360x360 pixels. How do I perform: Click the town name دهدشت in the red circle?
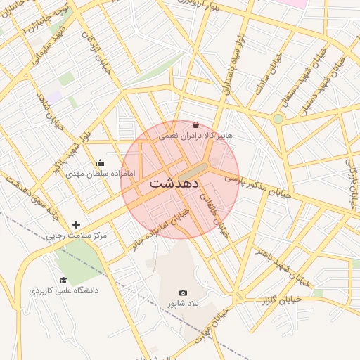[x=174, y=183]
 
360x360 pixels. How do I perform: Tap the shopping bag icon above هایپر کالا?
[x=195, y=124]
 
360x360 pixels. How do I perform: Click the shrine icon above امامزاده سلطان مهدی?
[x=99, y=162]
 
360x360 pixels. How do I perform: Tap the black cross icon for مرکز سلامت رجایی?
[x=76, y=224]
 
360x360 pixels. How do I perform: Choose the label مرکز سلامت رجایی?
[x=77, y=236]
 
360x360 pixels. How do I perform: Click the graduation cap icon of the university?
[x=63, y=280]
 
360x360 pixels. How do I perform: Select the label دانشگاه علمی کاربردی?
[x=64, y=290]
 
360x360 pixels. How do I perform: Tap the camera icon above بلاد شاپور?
[x=184, y=292]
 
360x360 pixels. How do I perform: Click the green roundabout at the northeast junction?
[x=278, y=118]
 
